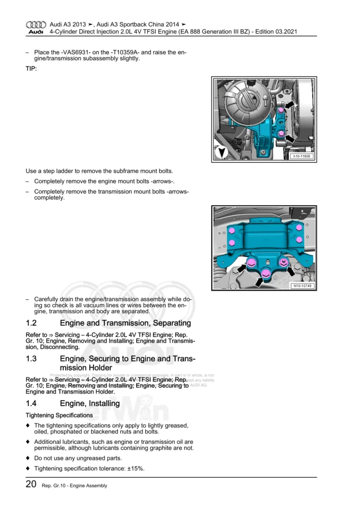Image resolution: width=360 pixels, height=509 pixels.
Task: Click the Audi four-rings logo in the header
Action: (35, 24)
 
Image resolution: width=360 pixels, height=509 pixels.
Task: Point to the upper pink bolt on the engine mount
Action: (281, 110)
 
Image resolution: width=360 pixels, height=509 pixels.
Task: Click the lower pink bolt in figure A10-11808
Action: (281, 134)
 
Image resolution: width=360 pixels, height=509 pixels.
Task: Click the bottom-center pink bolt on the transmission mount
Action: (266, 273)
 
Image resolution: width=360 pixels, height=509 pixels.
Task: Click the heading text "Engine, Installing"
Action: (90, 404)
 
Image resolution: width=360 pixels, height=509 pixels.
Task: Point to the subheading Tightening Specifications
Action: (59, 415)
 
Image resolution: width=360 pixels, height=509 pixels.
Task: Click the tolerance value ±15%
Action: (135, 468)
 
